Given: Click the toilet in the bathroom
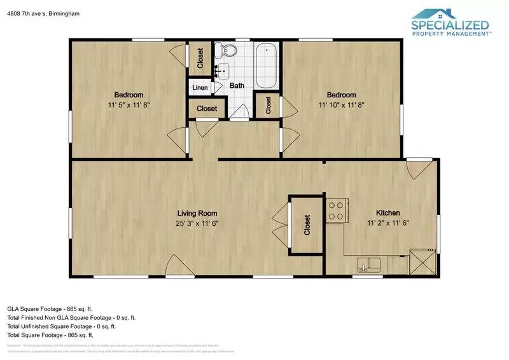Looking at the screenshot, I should coord(228,50).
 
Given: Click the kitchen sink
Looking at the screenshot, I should coord(368,264).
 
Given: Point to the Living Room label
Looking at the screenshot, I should coord(197,214).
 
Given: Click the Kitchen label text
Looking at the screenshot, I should coord(388,214).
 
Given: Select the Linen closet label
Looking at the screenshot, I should coord(200,86).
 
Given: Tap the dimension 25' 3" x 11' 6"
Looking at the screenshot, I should coord(197,223).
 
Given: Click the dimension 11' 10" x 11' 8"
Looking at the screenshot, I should coord(342,105).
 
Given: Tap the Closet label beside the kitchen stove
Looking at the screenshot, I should coord(307,225).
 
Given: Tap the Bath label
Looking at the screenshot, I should coord(237,86).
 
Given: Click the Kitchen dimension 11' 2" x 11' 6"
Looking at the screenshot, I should coord(388,223).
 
